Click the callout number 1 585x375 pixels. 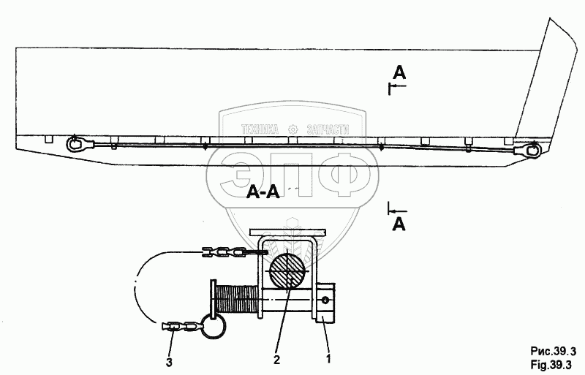click(329, 360)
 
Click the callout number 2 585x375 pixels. click(277, 360)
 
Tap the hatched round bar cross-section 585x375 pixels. click(289, 270)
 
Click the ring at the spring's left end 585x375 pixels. click(214, 324)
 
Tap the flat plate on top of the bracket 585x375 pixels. click(287, 233)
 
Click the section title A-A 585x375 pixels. click(262, 192)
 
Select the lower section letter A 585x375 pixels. click(399, 224)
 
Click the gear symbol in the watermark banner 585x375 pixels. click(294, 129)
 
